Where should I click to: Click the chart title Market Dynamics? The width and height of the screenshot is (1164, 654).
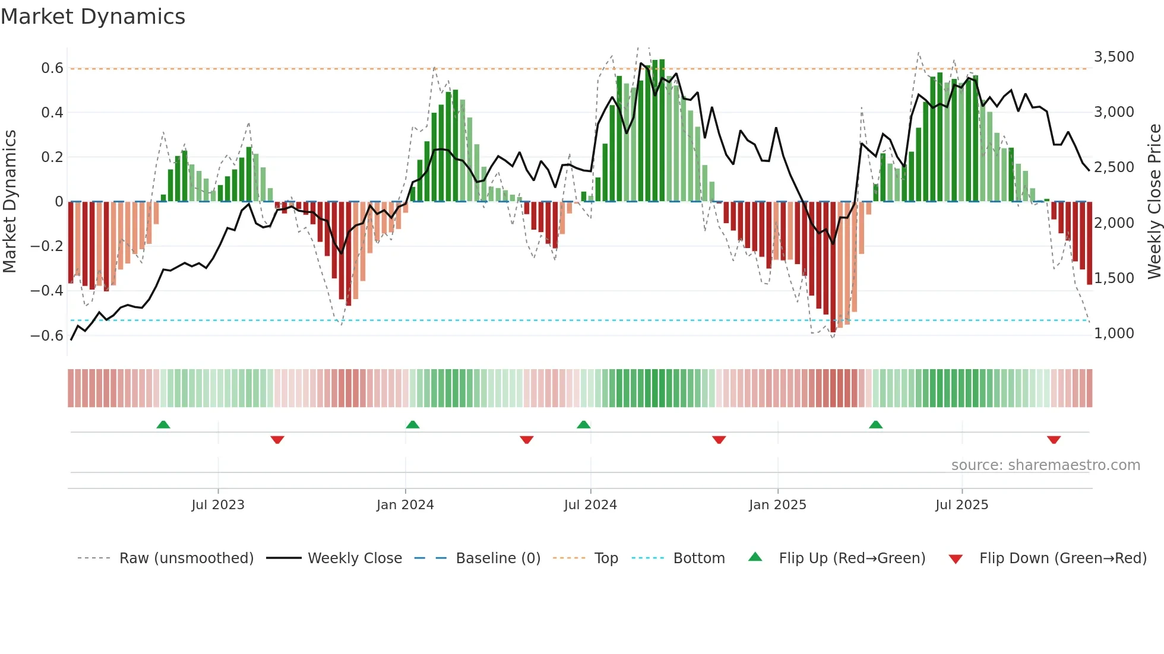click(93, 17)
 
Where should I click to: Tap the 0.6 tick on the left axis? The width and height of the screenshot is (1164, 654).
click(52, 68)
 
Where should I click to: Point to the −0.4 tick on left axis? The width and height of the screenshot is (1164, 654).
click(47, 291)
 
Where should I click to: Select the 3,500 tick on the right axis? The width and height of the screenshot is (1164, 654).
click(1114, 57)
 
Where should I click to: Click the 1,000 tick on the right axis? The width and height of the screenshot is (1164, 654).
click(1114, 334)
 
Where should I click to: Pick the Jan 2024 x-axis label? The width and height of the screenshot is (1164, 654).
click(405, 505)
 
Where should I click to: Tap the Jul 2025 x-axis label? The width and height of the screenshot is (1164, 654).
click(961, 505)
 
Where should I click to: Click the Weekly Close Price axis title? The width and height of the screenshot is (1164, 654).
click(1154, 202)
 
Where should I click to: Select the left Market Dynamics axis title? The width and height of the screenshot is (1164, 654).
click(10, 202)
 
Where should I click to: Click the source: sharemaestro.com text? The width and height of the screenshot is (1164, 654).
click(1045, 465)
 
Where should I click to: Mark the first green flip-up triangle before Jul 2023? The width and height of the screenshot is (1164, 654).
click(163, 425)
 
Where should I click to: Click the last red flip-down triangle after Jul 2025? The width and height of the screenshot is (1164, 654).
click(1054, 440)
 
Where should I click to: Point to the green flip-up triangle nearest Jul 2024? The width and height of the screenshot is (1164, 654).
click(584, 425)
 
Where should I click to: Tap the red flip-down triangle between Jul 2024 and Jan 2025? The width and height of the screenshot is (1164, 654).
click(719, 440)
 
